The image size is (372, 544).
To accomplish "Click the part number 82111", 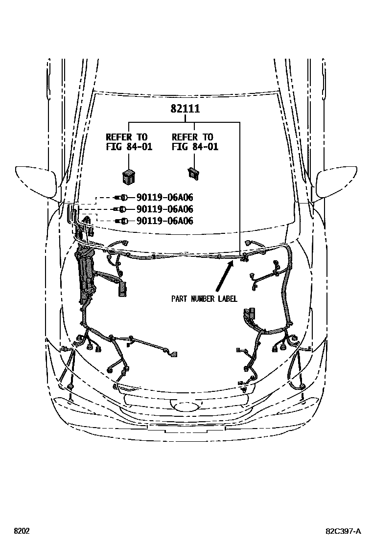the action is click(185, 109).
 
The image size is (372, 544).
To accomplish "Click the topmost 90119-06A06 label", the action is click(164, 198).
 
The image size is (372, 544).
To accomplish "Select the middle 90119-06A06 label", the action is click(164, 209).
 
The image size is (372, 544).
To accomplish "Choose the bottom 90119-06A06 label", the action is click(164, 221).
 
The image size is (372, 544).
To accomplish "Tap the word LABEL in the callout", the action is click(228, 298).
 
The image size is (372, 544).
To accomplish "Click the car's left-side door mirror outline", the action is click(37, 181).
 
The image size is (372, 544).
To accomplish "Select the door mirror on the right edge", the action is click(338, 183).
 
